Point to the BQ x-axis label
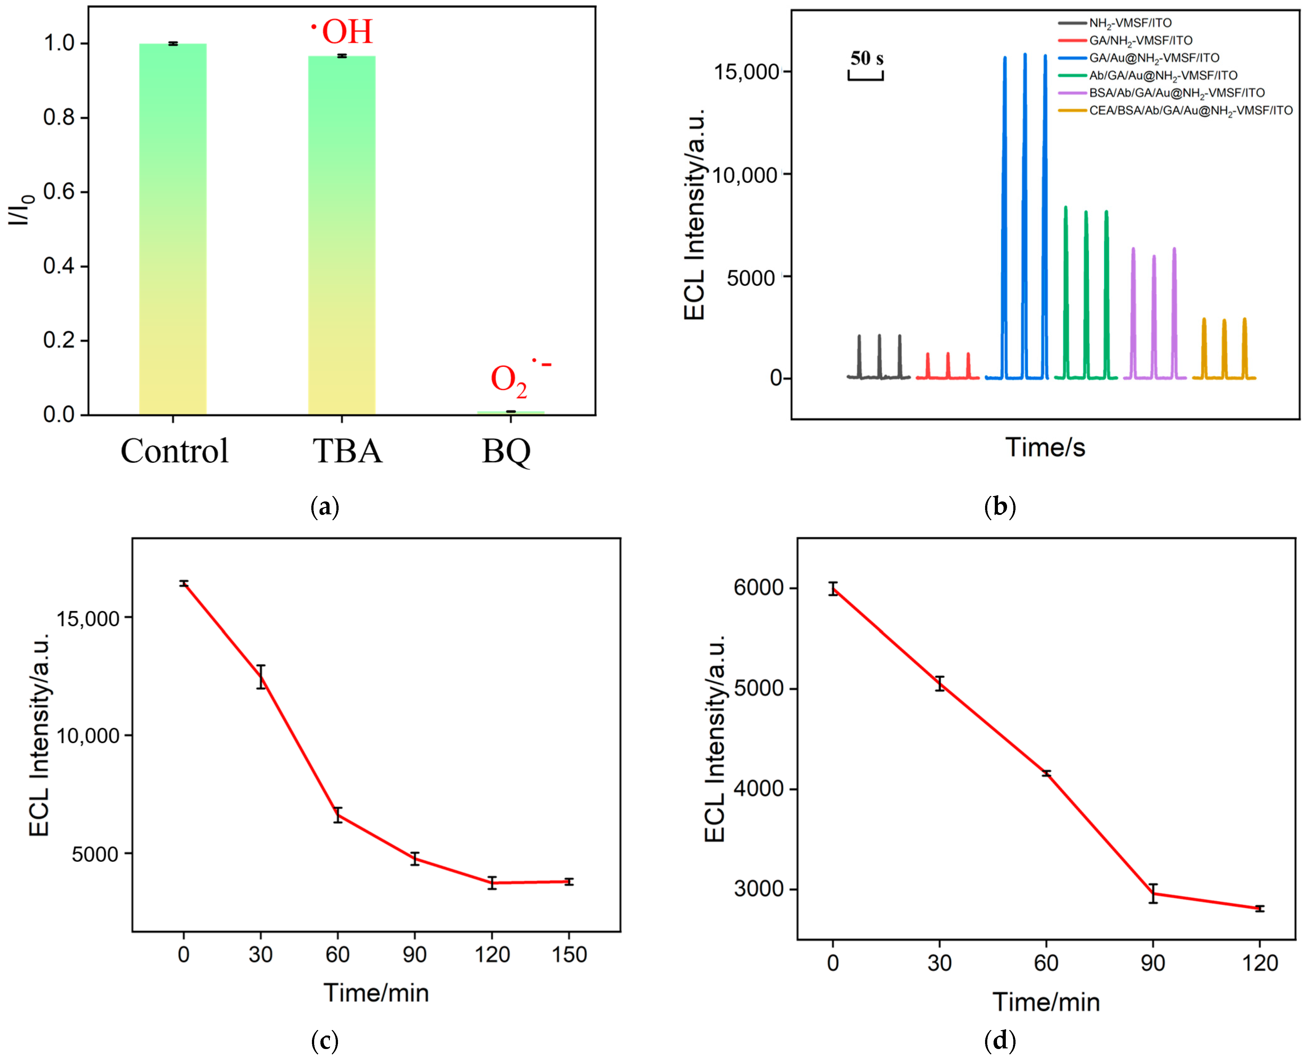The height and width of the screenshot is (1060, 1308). coord(506,452)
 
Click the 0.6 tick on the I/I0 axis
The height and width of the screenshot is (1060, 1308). coord(61,192)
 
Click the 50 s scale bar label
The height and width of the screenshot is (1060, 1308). coord(866,59)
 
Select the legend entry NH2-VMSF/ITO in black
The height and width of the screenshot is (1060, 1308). coord(1130,23)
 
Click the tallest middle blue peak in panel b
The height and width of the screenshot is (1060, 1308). coord(1025,55)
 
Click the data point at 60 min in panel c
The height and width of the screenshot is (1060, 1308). coord(338,815)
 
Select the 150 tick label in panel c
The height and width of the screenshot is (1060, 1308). coord(569,954)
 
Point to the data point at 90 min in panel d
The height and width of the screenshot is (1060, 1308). coord(1153,893)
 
